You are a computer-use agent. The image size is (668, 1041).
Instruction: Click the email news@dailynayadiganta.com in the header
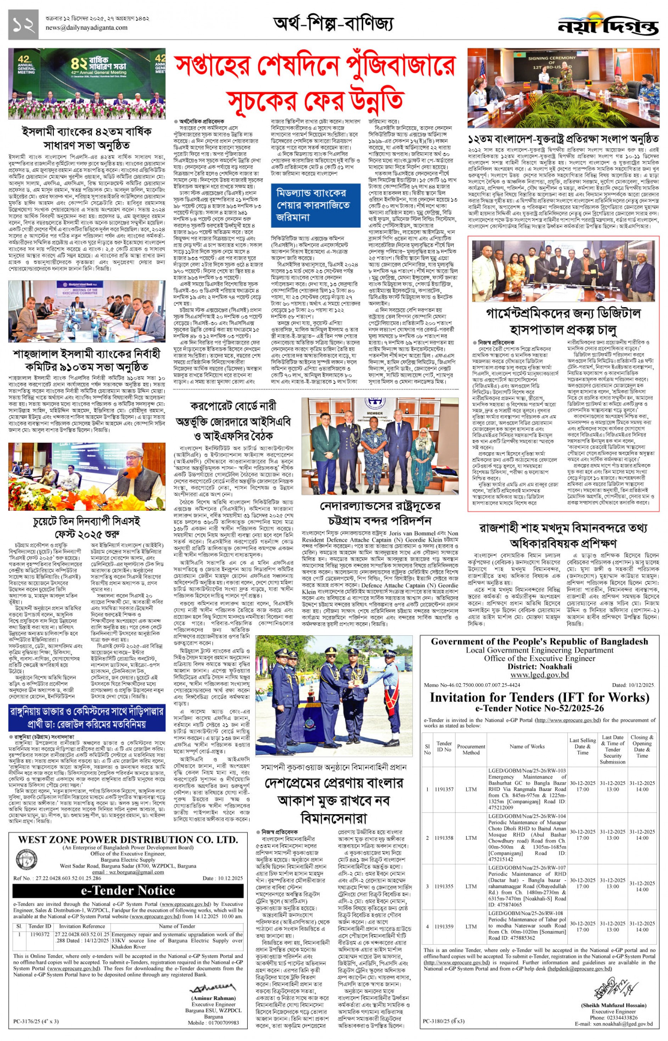point(86,28)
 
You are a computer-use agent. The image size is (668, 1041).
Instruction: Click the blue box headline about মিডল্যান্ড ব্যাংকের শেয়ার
point(315,205)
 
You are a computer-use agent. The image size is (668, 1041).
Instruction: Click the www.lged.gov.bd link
point(539,675)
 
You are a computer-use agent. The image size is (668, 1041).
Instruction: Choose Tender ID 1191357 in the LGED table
point(444,789)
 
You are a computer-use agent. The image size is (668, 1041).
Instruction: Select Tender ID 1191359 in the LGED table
point(444,926)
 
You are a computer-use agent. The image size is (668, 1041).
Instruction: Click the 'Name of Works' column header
point(527,746)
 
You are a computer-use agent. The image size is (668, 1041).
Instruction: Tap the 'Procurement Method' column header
point(471,749)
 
